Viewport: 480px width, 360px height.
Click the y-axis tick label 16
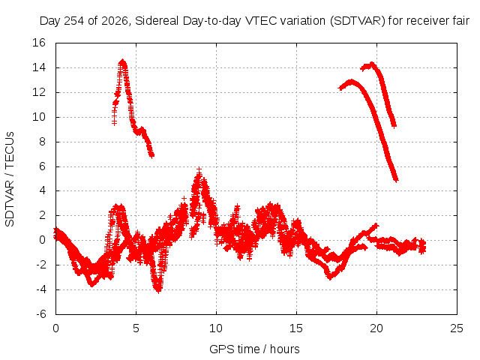(39, 43)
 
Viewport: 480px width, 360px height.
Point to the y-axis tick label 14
(39, 67)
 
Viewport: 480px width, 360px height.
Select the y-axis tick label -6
(40, 314)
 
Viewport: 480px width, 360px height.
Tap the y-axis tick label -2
(40, 265)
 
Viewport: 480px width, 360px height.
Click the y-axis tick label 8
(42, 142)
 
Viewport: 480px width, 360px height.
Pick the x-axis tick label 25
(457, 328)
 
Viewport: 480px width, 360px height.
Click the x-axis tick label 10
(216, 328)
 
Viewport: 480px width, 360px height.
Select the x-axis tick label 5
(136, 328)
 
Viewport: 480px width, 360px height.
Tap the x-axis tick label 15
(296, 328)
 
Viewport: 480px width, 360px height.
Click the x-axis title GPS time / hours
(254, 349)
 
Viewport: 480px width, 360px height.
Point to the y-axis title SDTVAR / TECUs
(10, 179)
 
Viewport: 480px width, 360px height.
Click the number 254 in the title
(74, 21)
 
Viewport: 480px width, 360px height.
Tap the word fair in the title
(460, 21)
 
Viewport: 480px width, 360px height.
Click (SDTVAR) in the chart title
(358, 21)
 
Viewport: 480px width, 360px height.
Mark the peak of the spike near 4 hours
(123, 61)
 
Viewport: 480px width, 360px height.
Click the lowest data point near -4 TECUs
(158, 290)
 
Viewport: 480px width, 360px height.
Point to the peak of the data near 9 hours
(199, 169)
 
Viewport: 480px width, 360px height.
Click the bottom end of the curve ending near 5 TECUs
(396, 180)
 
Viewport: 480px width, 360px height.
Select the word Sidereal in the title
(157, 21)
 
